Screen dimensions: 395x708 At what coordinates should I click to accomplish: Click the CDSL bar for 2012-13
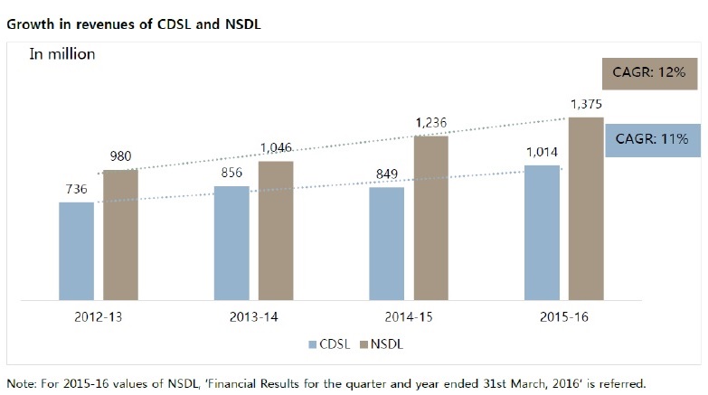[x=77, y=250]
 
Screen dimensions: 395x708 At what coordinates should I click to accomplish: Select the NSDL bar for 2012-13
[x=120, y=234]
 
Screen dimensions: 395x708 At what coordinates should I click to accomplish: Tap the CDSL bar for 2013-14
[x=231, y=242]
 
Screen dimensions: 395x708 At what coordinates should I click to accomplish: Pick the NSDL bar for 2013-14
[x=276, y=230]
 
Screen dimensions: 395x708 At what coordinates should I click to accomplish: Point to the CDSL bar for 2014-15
[x=387, y=243]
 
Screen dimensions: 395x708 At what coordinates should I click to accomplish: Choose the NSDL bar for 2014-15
[x=430, y=217]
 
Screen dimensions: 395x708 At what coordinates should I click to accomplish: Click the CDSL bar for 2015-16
[x=542, y=232]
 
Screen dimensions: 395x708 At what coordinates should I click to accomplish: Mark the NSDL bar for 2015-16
[x=586, y=208]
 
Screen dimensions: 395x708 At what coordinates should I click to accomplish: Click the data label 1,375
[x=586, y=106]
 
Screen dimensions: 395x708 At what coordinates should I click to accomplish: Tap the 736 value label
[x=77, y=191]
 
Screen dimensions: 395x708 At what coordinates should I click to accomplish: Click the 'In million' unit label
[x=62, y=53]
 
